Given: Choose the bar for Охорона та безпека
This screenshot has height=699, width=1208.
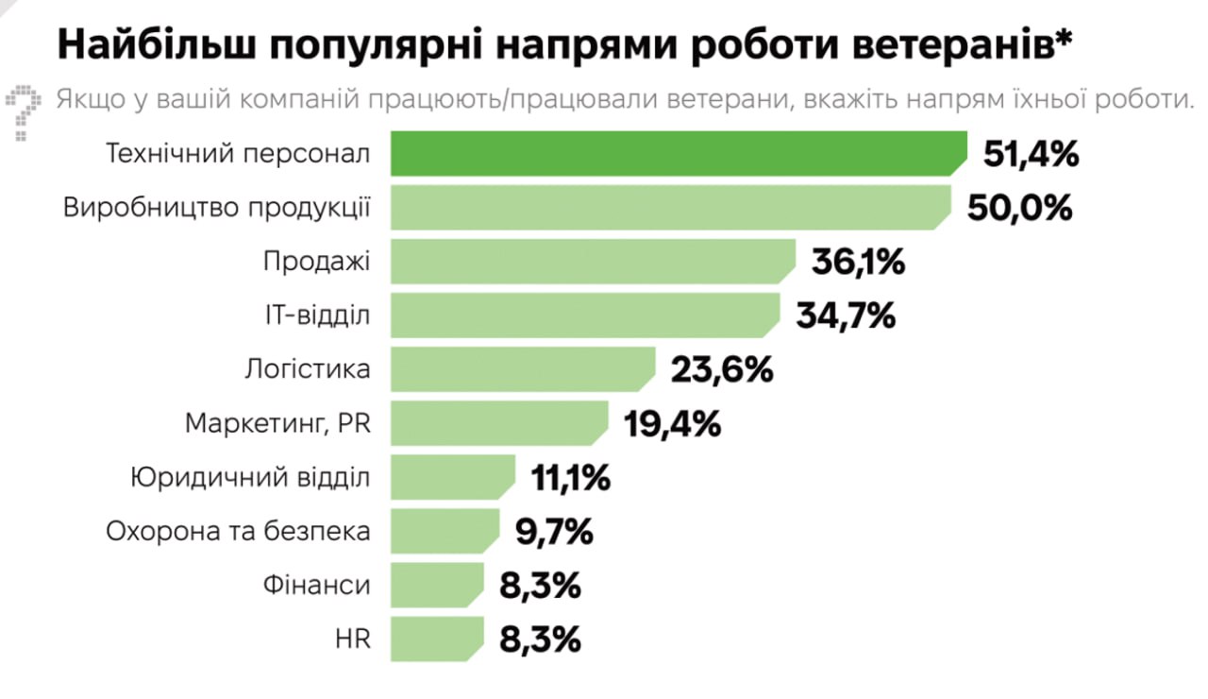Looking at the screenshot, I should click(445, 531).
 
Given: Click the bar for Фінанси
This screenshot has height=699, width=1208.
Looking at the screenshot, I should click(437, 585).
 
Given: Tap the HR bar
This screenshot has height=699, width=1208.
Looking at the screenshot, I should click(437, 639).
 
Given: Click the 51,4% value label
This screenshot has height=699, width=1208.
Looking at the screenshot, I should click(1031, 154).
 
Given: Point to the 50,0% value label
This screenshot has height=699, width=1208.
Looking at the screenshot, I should click(1020, 208).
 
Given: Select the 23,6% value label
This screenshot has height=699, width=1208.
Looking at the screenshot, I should click(722, 369).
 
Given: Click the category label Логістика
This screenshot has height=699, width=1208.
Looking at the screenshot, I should click(307, 369).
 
